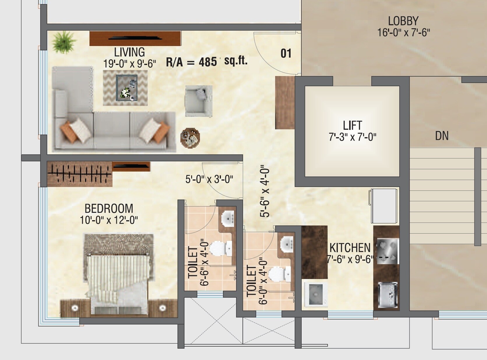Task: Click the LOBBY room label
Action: click(x=403, y=21)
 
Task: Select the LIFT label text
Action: click(x=352, y=126)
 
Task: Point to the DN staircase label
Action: click(x=442, y=136)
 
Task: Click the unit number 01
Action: click(x=286, y=54)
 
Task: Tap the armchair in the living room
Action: click(x=198, y=101)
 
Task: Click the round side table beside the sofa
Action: click(x=190, y=137)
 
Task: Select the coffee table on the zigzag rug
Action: click(x=127, y=88)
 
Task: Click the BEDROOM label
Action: click(x=109, y=209)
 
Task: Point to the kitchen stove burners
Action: click(x=388, y=251)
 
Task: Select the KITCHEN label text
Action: click(x=350, y=248)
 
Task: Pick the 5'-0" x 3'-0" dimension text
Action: click(x=209, y=179)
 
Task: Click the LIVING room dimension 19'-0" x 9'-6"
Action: click(x=129, y=63)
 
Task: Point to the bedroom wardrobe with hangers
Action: click(x=80, y=174)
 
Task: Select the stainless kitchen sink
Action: click(x=387, y=294)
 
